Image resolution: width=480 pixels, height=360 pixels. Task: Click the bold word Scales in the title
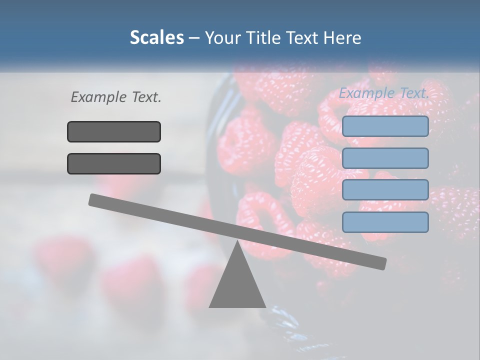click(x=156, y=37)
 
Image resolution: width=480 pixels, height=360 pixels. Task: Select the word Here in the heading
click(x=342, y=37)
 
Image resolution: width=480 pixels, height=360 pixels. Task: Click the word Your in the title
click(x=223, y=37)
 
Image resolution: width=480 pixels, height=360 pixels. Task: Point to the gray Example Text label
click(x=116, y=97)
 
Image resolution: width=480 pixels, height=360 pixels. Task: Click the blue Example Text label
click(x=384, y=93)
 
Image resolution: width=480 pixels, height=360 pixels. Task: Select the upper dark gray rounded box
click(x=114, y=132)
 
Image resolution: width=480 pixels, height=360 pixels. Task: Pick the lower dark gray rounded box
click(x=114, y=164)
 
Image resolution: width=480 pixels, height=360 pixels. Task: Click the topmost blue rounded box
click(x=385, y=126)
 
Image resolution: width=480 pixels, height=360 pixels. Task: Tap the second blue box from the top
click(x=385, y=158)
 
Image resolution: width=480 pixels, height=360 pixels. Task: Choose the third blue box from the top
click(x=385, y=190)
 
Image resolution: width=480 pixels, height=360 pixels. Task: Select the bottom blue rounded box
click(x=385, y=222)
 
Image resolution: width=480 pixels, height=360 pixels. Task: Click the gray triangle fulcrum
click(x=237, y=285)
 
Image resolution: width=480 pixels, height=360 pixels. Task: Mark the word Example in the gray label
click(x=98, y=97)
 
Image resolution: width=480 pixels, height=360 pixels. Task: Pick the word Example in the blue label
click(x=367, y=93)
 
